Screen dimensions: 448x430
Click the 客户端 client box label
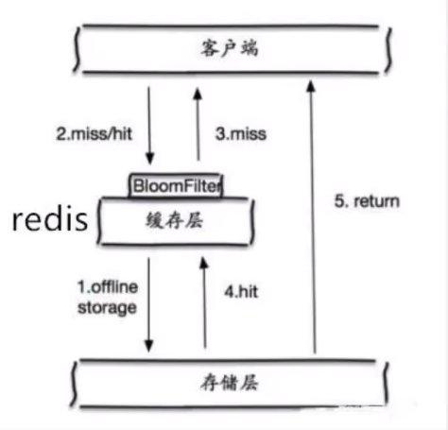tap(230, 48)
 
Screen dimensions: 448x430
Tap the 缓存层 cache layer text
tap(174, 220)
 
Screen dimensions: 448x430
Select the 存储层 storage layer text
tap(229, 383)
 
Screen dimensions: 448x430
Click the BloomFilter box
tap(176, 185)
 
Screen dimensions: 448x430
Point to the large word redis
tap(50, 219)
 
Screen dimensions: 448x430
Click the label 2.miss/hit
tap(95, 133)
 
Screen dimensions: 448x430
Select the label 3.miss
tap(241, 133)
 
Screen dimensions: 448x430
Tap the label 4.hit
tap(241, 292)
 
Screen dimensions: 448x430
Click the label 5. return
tap(367, 201)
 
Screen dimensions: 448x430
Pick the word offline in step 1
tap(114, 287)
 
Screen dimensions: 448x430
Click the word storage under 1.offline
tap(107, 308)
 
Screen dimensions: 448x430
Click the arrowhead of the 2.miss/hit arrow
tap(150, 158)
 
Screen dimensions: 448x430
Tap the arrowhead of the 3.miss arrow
tap(198, 95)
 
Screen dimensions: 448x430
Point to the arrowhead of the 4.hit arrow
tap(204, 264)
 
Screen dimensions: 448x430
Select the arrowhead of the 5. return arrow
tap(311, 86)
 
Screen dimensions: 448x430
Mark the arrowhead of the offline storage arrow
tap(148, 346)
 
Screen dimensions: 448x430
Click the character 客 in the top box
tap(210, 48)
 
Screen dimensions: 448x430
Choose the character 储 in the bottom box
tap(229, 383)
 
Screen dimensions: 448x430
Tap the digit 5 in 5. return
tap(339, 201)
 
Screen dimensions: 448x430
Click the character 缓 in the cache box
tap(155, 220)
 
